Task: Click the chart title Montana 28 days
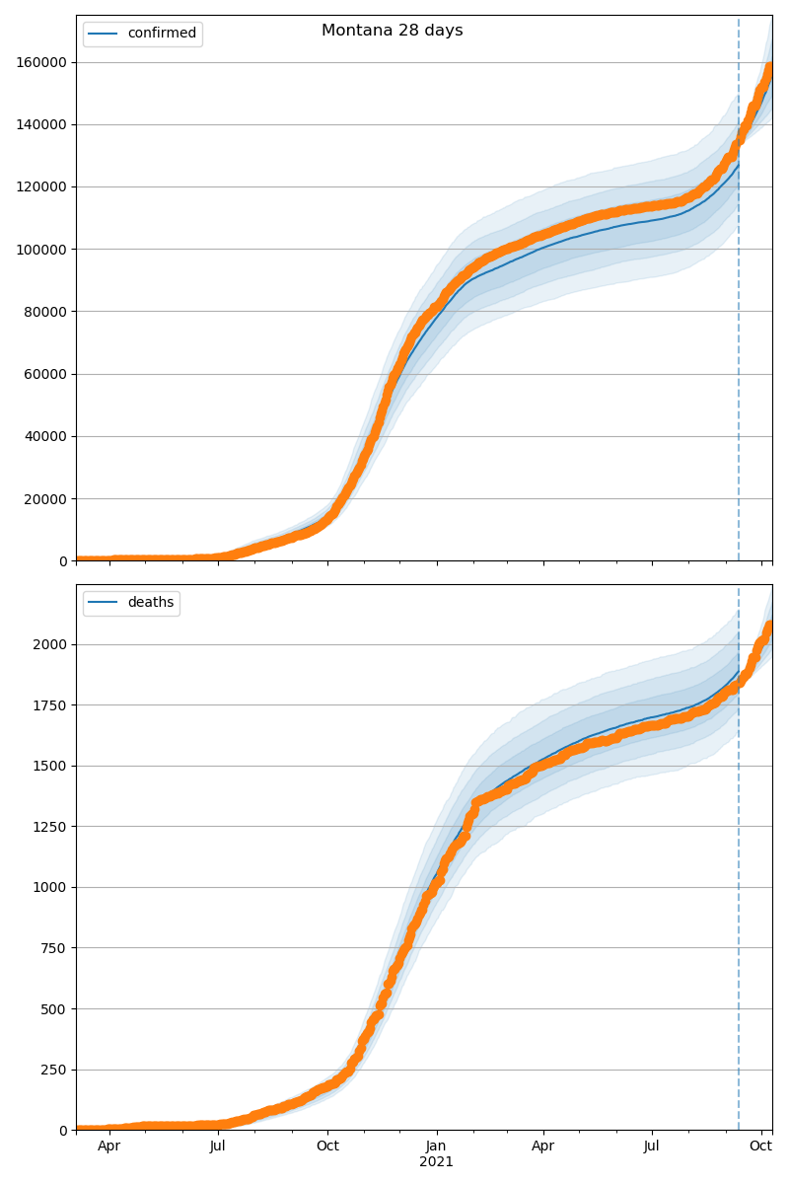[392, 31]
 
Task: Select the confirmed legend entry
[162, 34]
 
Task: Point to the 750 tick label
[56, 948]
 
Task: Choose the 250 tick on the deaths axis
[56, 1070]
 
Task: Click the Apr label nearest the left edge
[108, 1147]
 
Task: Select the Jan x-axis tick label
[436, 1147]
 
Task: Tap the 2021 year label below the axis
[436, 1162]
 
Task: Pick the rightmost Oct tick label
[760, 1147]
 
